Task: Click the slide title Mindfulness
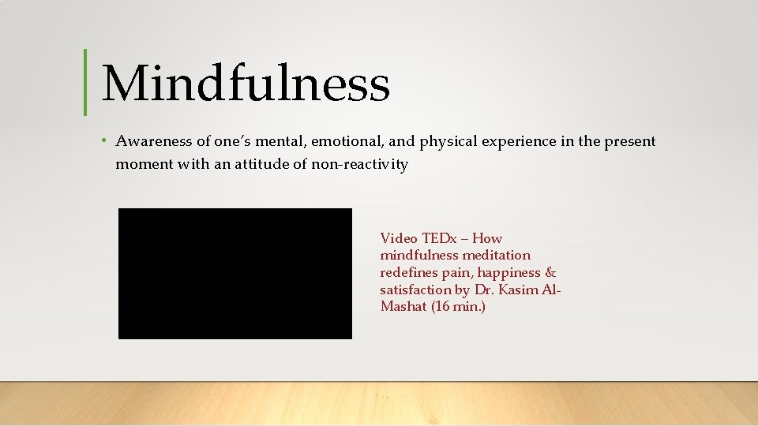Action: tap(245, 84)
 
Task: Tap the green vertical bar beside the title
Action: tap(84, 82)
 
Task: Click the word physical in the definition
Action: tap(445, 141)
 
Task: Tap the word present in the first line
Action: tap(629, 141)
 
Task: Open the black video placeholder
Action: tap(235, 273)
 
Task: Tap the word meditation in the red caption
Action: tap(497, 255)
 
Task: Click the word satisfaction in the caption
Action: tap(412, 290)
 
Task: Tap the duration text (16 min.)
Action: tap(458, 306)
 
